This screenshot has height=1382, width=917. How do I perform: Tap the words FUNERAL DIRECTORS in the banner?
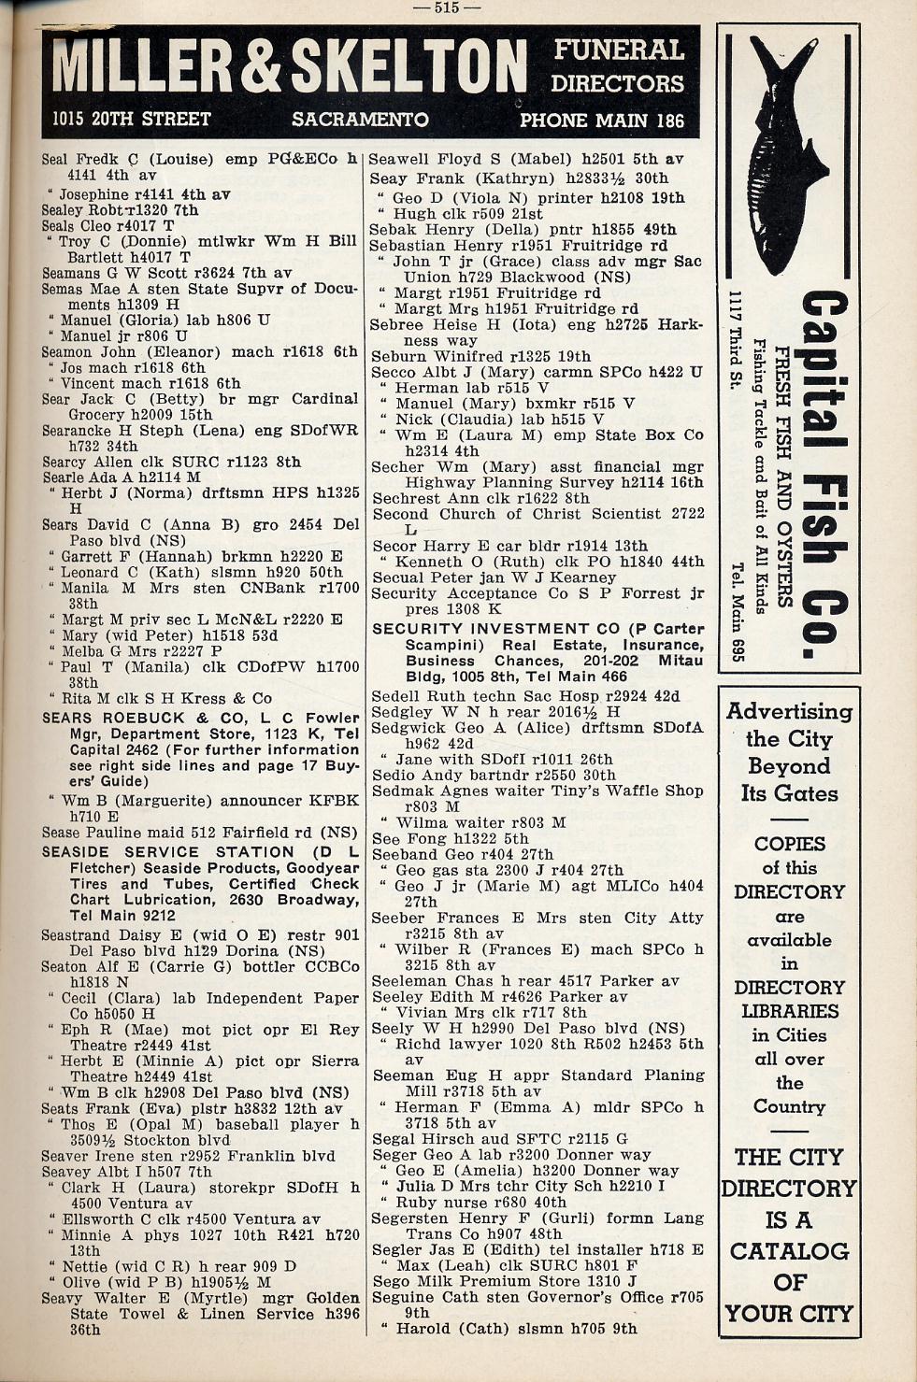point(617,65)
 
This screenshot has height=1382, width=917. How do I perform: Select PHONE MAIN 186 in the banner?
point(601,121)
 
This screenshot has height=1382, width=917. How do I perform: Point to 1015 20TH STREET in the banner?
point(131,120)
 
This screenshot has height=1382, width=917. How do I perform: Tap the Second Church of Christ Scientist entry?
point(537,514)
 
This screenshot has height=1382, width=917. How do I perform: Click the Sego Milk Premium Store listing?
point(505,1281)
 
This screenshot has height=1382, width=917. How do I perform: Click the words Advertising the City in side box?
point(788,725)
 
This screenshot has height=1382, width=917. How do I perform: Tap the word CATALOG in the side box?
point(789,1251)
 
